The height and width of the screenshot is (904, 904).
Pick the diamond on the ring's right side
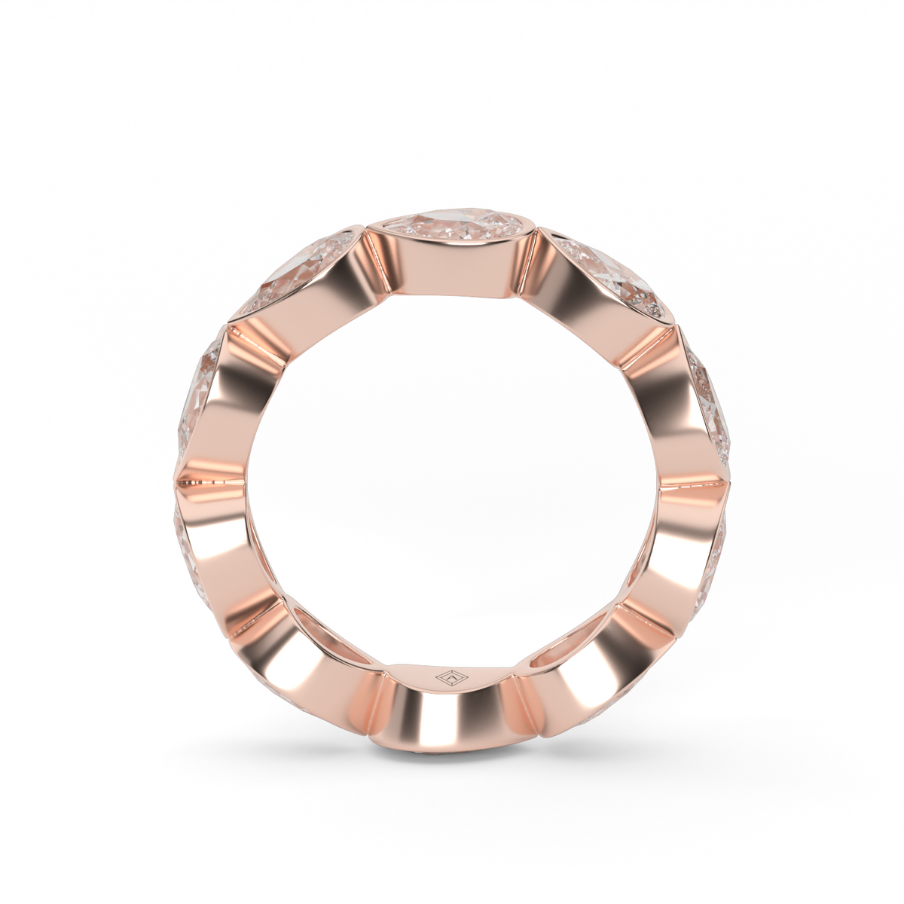(x=713, y=407)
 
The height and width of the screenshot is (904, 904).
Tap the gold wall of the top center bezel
(x=452, y=264)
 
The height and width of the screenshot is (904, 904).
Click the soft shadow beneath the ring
(x=452, y=753)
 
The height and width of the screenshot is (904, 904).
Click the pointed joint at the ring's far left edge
(x=177, y=479)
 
